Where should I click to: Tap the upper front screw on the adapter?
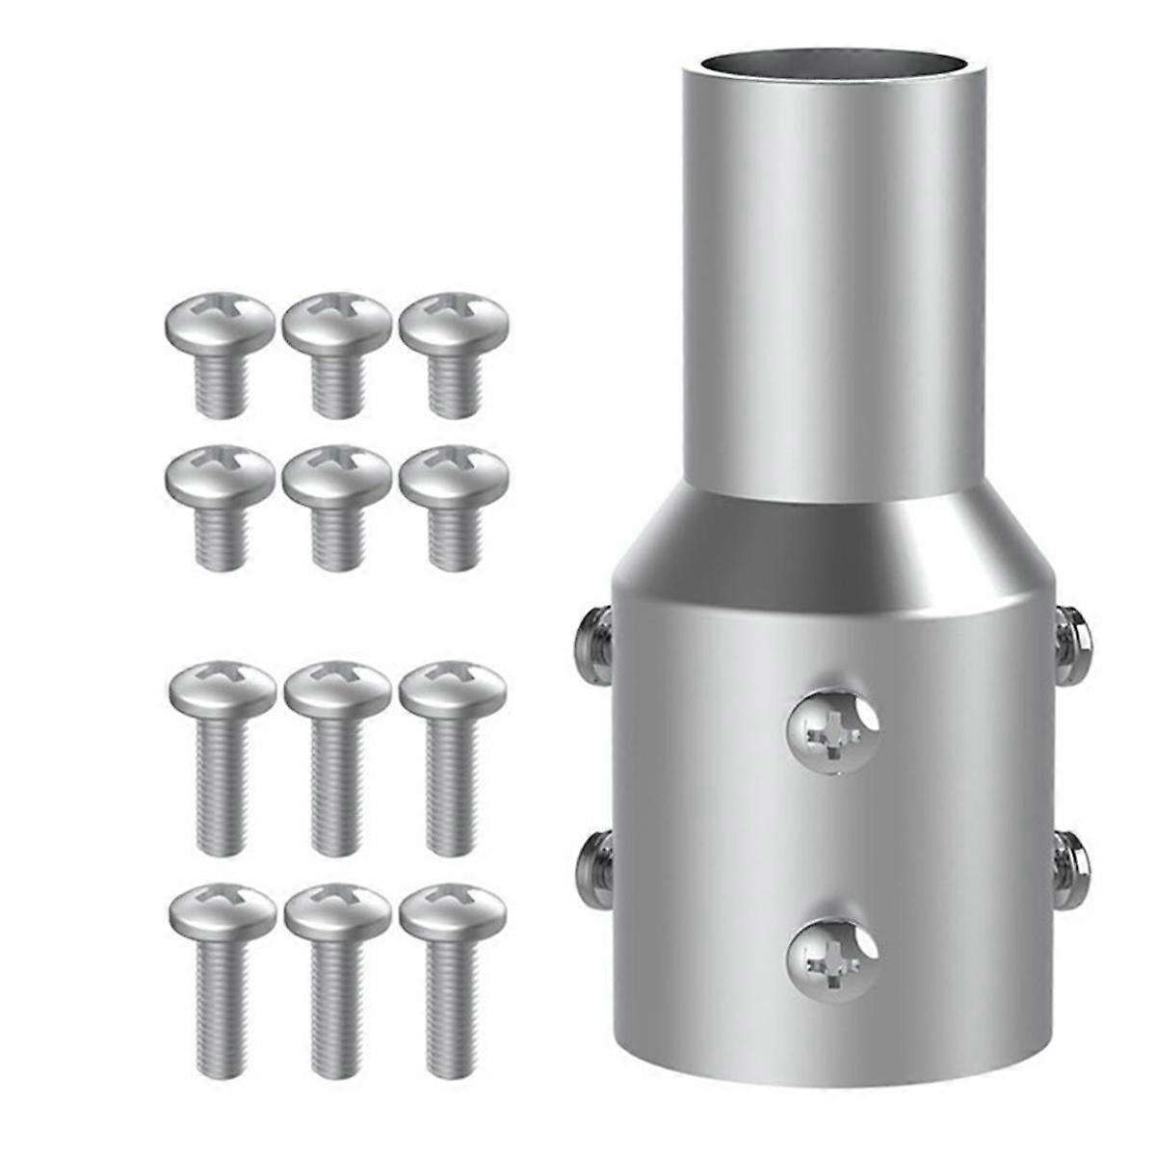tap(832, 729)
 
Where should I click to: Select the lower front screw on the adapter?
tap(832, 959)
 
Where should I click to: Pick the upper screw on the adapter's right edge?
tap(1072, 638)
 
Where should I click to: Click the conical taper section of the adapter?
tap(832, 549)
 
